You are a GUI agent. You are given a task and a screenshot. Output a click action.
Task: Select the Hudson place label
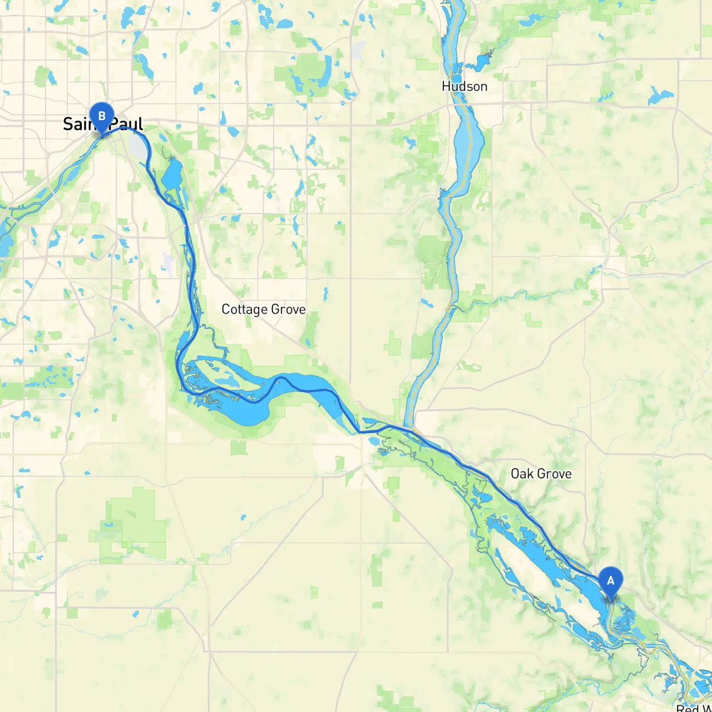tap(464, 86)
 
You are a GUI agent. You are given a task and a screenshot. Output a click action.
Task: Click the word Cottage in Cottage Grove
tap(244, 309)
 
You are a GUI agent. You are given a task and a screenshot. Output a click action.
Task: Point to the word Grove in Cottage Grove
tap(288, 309)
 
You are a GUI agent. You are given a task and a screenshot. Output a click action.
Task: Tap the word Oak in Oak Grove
tap(522, 474)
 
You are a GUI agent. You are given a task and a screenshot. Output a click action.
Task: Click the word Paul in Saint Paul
tap(127, 123)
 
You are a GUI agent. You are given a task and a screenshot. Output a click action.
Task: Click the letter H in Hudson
tap(446, 86)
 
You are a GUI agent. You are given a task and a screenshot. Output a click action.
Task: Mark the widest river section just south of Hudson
tap(469, 139)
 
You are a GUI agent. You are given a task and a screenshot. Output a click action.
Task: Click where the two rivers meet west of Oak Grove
tap(413, 429)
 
